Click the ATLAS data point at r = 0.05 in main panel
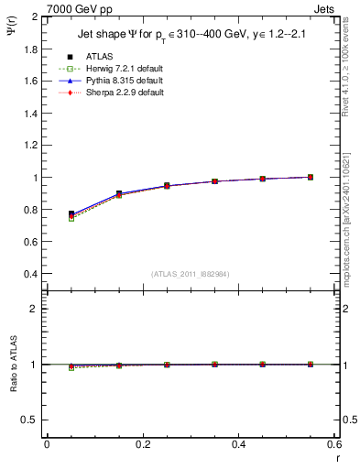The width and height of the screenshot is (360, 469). (x=71, y=213)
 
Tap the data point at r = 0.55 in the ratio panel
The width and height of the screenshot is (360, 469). (x=311, y=365)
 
